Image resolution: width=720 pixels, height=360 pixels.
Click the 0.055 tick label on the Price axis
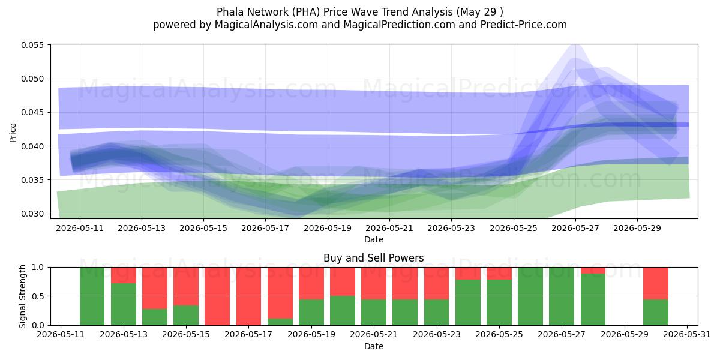coord(32,45)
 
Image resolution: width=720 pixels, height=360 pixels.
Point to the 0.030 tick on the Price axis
coord(32,214)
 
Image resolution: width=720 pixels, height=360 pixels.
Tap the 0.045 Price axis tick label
coord(32,113)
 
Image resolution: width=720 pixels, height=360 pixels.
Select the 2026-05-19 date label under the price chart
coord(328,228)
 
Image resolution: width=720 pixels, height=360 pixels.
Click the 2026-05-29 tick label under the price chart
coord(637,228)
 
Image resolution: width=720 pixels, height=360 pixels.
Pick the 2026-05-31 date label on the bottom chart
coord(687,335)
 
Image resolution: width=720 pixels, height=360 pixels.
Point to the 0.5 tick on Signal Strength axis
coord(38,296)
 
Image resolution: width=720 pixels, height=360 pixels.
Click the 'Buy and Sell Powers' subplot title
coord(373,258)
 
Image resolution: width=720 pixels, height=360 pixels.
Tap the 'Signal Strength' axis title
coord(22,296)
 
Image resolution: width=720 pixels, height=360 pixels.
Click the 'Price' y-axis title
coord(13,133)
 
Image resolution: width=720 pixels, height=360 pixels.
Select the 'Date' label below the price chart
coord(373,239)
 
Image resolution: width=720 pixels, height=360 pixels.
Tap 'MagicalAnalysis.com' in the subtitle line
coord(266,25)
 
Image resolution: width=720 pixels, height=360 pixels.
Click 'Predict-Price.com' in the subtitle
coord(524,25)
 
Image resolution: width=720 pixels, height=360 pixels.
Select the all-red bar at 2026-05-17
coord(248,296)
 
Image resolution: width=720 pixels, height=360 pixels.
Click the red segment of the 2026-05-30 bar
coord(656,283)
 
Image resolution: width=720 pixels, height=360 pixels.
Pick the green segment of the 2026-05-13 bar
coord(124,304)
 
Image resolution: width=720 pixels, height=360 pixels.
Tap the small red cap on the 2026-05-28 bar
coord(593,271)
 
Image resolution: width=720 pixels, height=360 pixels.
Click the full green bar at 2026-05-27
coord(562,296)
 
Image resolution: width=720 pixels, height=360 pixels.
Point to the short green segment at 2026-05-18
coord(280,322)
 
